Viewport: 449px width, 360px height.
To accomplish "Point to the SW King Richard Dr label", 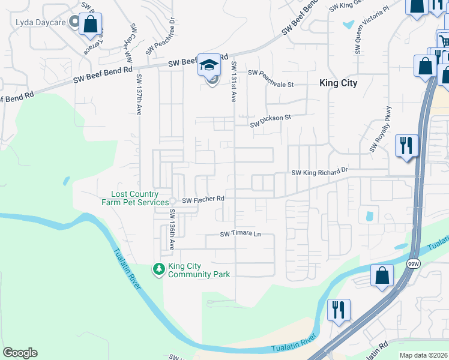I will point(319,172).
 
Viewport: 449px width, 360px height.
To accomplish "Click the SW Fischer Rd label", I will point(203,199).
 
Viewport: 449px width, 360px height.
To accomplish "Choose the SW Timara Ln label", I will point(241,234).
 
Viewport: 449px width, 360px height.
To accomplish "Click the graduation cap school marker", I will point(210,65).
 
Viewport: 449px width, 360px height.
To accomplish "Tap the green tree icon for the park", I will point(159,270).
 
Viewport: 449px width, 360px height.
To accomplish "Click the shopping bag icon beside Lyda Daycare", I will point(90,25).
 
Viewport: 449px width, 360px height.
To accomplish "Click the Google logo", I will point(20,353).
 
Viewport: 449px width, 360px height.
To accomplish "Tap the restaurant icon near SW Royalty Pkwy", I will point(406,145).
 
